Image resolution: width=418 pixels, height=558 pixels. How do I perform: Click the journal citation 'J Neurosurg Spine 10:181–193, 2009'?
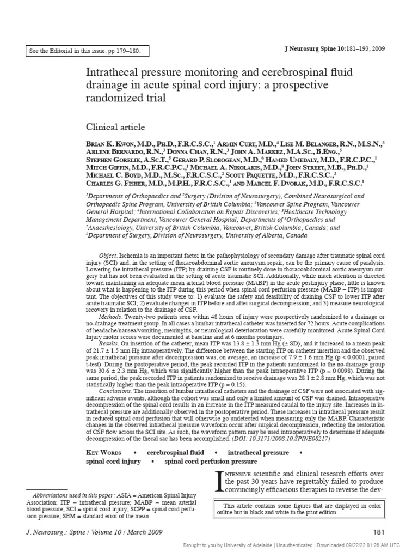[x=335, y=48]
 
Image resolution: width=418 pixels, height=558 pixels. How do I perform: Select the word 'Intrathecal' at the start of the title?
[x=112, y=73]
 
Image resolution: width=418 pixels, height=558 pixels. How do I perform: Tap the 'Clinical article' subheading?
[x=115, y=128]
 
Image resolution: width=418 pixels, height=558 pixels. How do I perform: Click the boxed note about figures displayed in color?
[x=300, y=509]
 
